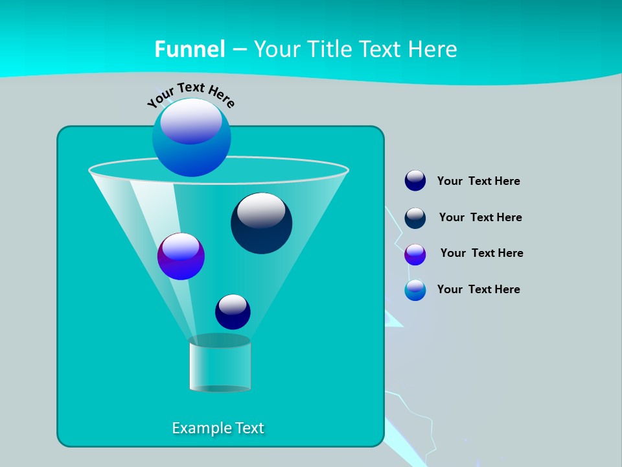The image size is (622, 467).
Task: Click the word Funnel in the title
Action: click(x=190, y=49)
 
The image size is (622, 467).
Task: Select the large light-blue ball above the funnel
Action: click(x=192, y=138)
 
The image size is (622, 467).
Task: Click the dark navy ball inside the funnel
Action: click(x=262, y=223)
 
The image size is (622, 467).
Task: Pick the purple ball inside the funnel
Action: click(x=181, y=257)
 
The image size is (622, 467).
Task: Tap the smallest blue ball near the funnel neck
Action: click(x=233, y=311)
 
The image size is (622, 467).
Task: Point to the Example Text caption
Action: click(x=218, y=428)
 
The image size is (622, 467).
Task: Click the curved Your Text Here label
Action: click(x=190, y=93)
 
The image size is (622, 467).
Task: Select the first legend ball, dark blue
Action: click(x=415, y=180)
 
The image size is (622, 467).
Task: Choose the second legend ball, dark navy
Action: click(x=415, y=218)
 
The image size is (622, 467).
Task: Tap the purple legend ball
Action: click(x=415, y=254)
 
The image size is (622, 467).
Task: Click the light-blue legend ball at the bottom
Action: click(x=415, y=290)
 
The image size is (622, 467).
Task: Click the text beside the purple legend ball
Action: click(x=481, y=253)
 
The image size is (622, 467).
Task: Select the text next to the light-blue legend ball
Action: click(x=478, y=289)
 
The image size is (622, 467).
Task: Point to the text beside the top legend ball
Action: click(x=478, y=181)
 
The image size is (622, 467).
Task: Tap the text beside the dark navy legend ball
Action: click(x=480, y=217)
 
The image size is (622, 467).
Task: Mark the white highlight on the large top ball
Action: click(x=191, y=121)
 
